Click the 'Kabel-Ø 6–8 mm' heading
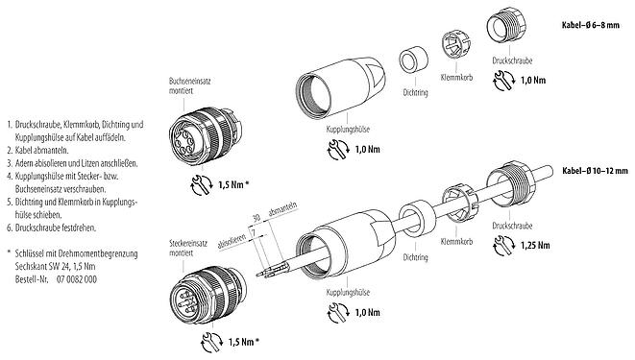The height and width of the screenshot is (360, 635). [x=589, y=25]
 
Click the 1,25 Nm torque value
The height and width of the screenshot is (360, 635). [x=524, y=247]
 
